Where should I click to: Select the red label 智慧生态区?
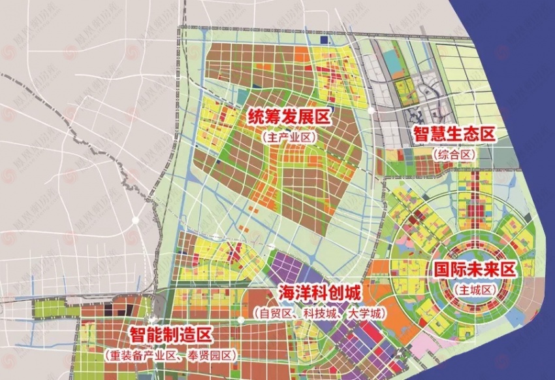click(x=454, y=135)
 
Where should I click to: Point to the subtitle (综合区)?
click(x=454, y=154)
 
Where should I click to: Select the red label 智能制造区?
click(x=170, y=336)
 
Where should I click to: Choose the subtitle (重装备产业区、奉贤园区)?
click(x=170, y=356)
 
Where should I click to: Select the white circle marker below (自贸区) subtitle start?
click(x=241, y=319)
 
